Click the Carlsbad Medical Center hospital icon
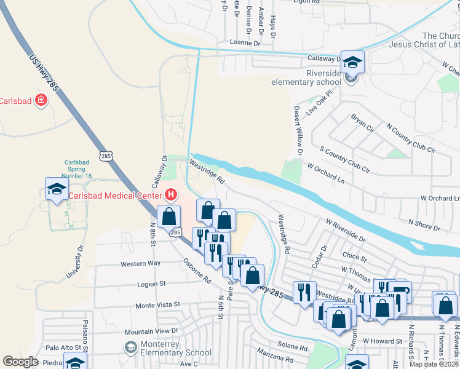point(172,196)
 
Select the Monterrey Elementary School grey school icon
point(130,348)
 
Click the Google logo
point(20,362)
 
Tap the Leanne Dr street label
point(245,43)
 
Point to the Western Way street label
point(141,263)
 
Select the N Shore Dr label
point(424,224)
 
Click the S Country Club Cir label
point(345,159)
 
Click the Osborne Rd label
point(197,270)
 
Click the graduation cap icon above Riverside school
point(353,61)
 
